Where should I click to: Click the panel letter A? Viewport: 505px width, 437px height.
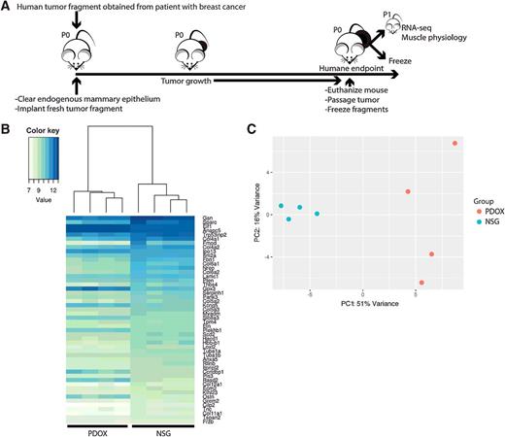coord(7,7)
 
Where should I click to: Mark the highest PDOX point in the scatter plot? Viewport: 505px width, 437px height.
coord(454,144)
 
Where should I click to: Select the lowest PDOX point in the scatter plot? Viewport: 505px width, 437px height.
coord(421,283)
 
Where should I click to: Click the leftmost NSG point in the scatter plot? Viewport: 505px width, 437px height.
coord(281,206)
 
